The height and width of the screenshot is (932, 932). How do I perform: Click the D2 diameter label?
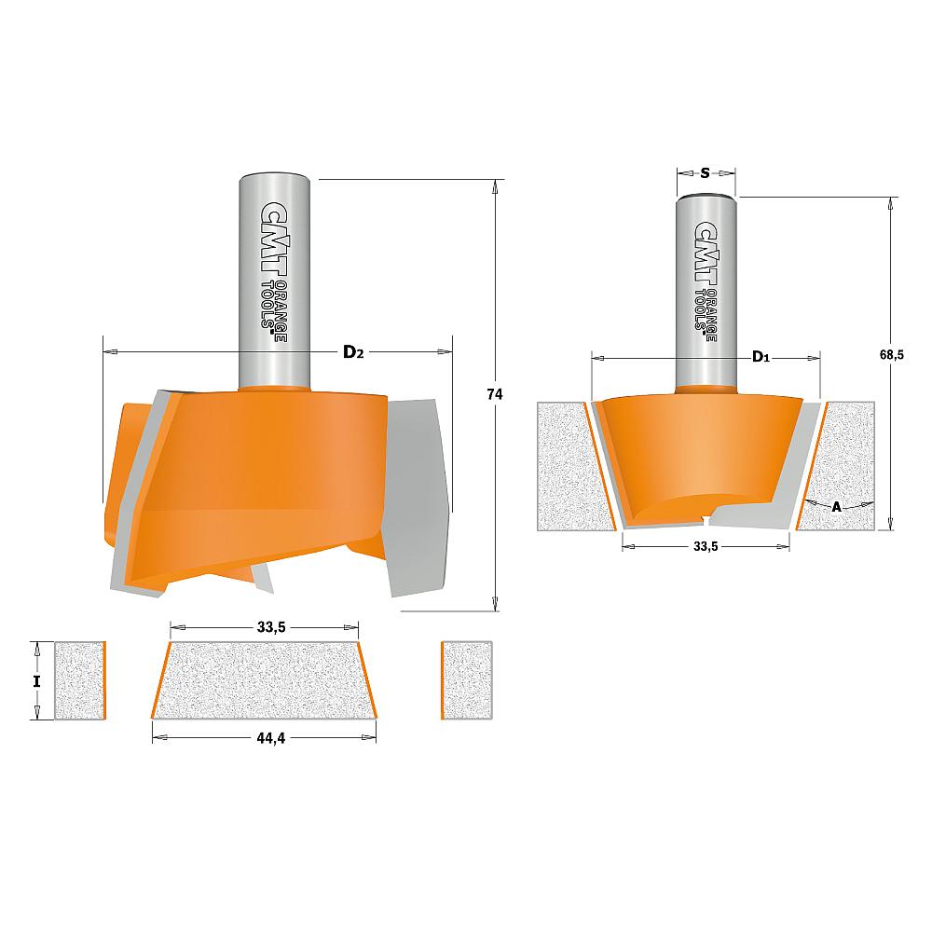tap(352, 351)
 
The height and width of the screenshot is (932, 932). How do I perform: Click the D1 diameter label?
tap(760, 357)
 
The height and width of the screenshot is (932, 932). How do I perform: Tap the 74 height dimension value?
tap(495, 394)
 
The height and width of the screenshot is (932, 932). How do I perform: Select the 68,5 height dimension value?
tap(892, 355)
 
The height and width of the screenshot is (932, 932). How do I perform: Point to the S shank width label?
tap(706, 172)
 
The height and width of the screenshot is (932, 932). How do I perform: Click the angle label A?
tap(836, 506)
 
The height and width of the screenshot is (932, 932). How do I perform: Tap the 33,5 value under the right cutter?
tap(706, 547)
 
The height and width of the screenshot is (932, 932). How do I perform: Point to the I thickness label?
tap(36, 680)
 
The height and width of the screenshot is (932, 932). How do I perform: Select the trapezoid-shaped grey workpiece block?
tap(265, 680)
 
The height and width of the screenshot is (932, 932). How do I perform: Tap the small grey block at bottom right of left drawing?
tap(467, 680)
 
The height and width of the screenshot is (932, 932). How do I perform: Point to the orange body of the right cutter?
tap(690, 447)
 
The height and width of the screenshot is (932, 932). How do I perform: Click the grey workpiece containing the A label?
tap(843, 457)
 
